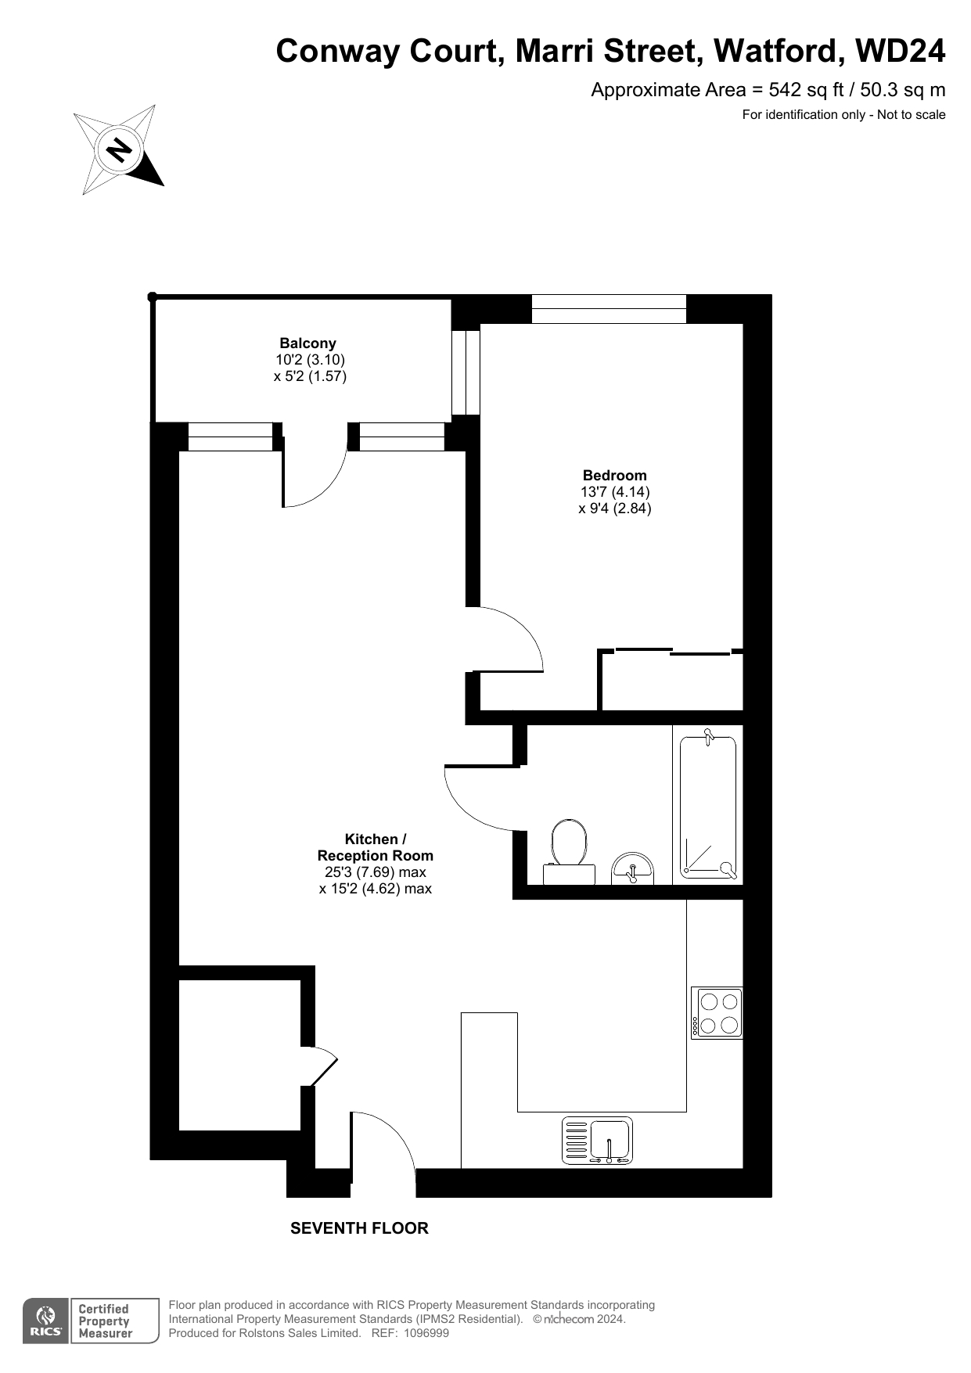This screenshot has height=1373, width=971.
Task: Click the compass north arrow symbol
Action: [119, 149]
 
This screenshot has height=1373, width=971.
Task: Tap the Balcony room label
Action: [308, 343]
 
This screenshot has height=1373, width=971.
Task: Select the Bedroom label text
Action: [615, 475]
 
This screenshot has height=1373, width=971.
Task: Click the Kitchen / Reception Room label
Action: [376, 847]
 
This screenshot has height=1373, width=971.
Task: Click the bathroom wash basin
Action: [632, 868]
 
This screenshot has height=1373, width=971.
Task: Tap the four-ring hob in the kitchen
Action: [717, 1013]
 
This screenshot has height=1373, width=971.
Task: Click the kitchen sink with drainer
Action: [597, 1141]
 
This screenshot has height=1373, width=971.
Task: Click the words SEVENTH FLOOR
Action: [359, 1228]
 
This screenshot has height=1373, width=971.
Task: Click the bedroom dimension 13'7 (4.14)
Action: [615, 492]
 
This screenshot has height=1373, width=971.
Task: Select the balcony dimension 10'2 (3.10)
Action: [310, 360]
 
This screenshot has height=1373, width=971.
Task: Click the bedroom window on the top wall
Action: [609, 309]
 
